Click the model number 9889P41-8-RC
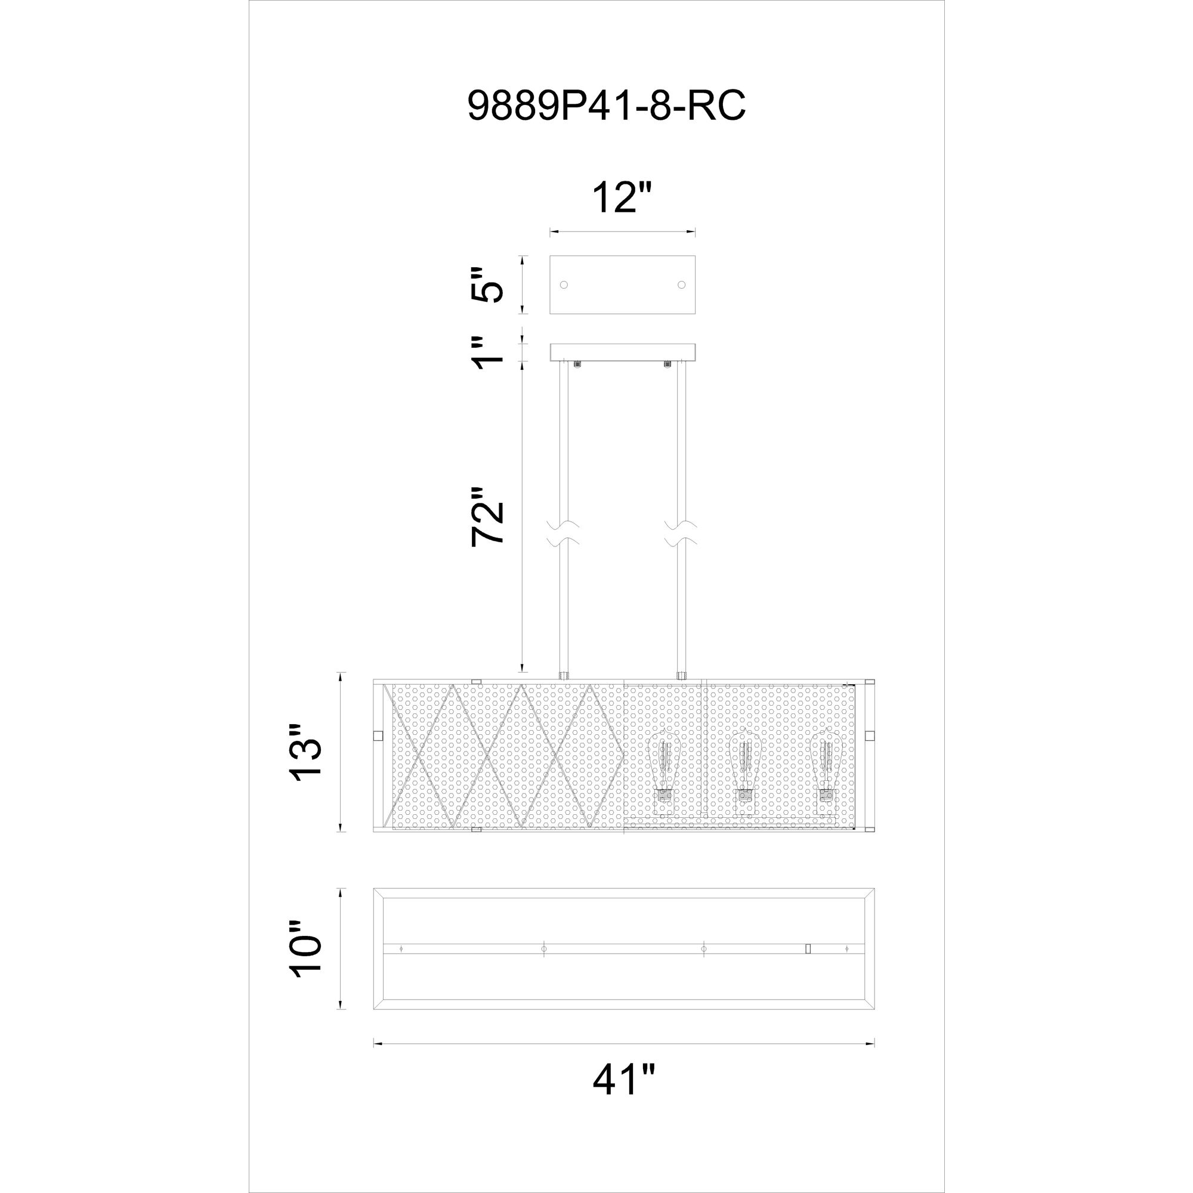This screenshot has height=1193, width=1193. point(607,106)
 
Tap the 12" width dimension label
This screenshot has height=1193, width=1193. point(621,197)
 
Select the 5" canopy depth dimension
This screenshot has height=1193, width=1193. point(487,285)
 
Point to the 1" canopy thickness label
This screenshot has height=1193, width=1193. point(487,353)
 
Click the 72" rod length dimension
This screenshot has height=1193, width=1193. point(487,516)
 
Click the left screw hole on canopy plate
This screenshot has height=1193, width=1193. point(563,285)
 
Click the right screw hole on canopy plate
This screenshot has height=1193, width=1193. point(681,285)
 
